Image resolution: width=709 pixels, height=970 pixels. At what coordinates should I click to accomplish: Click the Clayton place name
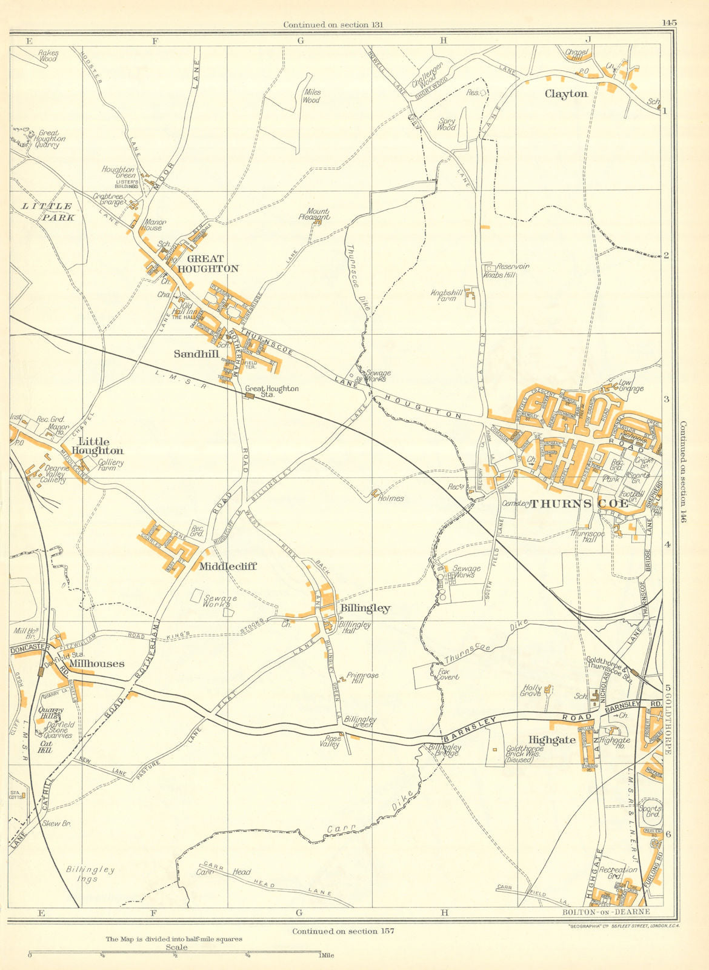coord(565,94)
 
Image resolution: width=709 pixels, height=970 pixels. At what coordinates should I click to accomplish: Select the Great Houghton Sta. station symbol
coord(250,396)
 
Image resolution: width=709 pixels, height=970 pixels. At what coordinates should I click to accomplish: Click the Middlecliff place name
coord(227,566)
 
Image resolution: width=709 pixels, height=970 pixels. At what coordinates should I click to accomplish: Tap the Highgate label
coord(551,740)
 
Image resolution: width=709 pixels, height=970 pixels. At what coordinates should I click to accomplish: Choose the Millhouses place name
coord(96,664)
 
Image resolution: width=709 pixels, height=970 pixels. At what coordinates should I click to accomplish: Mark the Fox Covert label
coord(448,674)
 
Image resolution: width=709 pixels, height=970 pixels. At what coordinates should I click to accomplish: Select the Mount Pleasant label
coord(314,213)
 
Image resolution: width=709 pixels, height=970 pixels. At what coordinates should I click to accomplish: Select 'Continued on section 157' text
coord(342,931)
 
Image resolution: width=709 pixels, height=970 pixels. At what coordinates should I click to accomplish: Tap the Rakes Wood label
coord(48,56)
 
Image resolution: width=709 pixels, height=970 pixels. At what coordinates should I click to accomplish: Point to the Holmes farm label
coord(390,498)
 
